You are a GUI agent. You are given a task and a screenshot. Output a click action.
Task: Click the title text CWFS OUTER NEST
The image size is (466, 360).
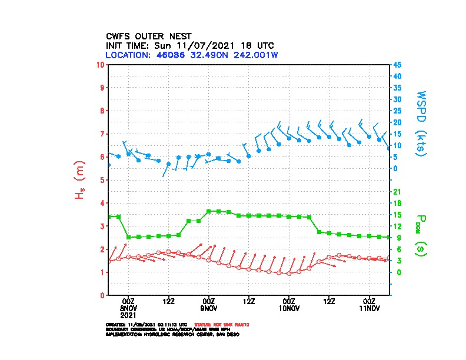(x=148, y=36)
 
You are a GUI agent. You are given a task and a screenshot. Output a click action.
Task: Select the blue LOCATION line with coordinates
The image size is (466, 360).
(x=191, y=55)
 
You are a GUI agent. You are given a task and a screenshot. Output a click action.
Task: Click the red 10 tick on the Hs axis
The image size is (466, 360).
(x=101, y=64)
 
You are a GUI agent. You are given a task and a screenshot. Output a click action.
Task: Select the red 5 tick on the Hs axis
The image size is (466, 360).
(x=102, y=180)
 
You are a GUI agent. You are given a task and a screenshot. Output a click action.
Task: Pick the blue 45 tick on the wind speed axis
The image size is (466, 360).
(x=398, y=65)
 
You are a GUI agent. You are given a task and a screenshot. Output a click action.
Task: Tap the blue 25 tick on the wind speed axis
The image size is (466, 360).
(x=398, y=111)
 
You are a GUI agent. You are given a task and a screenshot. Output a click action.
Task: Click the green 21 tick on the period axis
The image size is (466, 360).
(x=397, y=192)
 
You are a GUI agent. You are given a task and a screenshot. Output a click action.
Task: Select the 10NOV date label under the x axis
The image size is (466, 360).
(x=289, y=308)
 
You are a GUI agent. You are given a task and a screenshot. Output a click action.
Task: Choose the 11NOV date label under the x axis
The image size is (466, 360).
(x=370, y=308)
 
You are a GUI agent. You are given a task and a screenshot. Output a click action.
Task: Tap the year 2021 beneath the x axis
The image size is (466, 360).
(x=129, y=315)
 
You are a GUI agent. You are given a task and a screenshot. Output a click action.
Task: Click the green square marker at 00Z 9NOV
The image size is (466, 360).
(x=209, y=211)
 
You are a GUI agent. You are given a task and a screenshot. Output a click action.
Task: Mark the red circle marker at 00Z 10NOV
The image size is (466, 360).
(x=289, y=274)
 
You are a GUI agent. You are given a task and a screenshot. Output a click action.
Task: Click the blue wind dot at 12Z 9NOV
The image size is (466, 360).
(x=249, y=156)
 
